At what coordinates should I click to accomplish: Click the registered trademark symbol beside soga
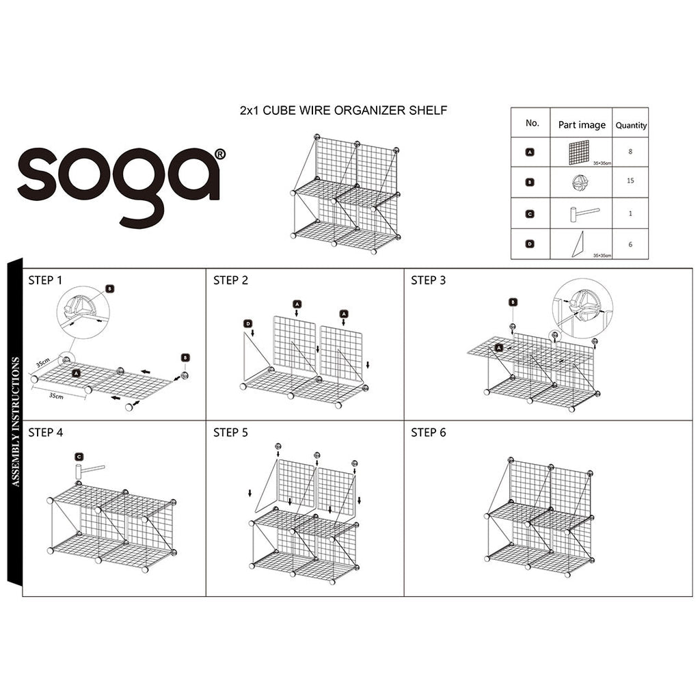click(219, 154)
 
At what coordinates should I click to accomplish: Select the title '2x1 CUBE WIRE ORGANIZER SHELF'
click(343, 110)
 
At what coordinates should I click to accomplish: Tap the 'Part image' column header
click(582, 125)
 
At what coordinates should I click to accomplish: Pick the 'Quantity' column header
click(631, 126)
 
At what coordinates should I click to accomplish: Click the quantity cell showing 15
click(630, 181)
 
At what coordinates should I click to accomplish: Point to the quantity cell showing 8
click(630, 152)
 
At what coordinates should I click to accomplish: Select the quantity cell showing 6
click(630, 243)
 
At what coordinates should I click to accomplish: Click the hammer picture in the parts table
click(582, 213)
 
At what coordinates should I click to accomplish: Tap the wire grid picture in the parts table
click(578, 151)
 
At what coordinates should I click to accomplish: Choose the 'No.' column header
click(533, 124)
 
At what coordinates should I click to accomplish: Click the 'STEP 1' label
click(46, 280)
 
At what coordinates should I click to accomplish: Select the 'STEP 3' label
click(428, 280)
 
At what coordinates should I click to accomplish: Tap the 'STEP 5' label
click(230, 433)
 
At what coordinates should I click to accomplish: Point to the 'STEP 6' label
click(428, 433)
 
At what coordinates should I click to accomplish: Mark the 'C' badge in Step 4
click(79, 456)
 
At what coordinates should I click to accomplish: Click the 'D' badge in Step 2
click(248, 323)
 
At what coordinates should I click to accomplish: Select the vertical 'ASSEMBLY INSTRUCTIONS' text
click(16, 420)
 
